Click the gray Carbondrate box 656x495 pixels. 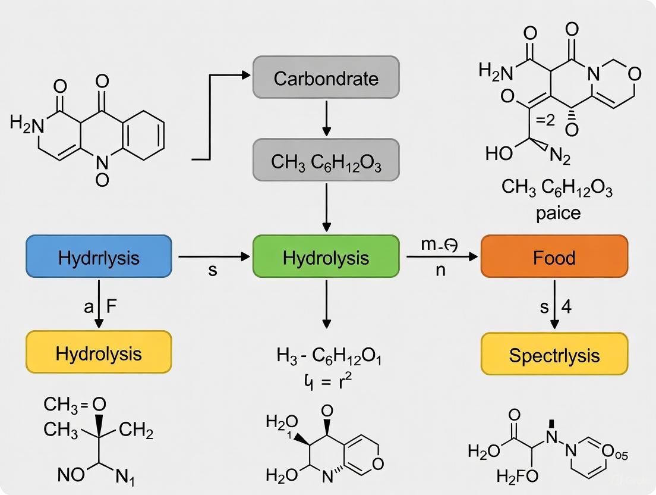(326, 77)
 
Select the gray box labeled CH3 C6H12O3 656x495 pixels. (326, 160)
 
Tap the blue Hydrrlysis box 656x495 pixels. (99, 257)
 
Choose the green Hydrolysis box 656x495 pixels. (326, 256)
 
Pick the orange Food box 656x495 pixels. (554, 256)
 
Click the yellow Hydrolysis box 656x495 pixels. (99, 353)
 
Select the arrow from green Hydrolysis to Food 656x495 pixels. (442, 257)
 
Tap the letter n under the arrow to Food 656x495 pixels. (440, 271)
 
